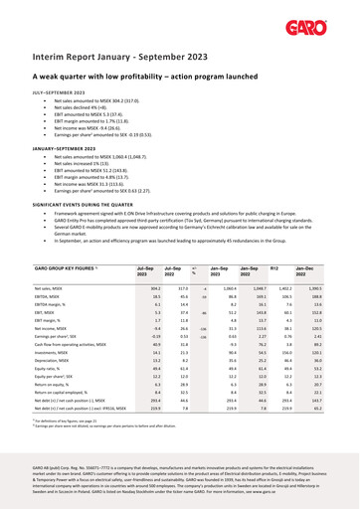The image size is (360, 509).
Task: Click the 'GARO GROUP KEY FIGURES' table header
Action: pyautogui.click(x=68, y=267)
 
